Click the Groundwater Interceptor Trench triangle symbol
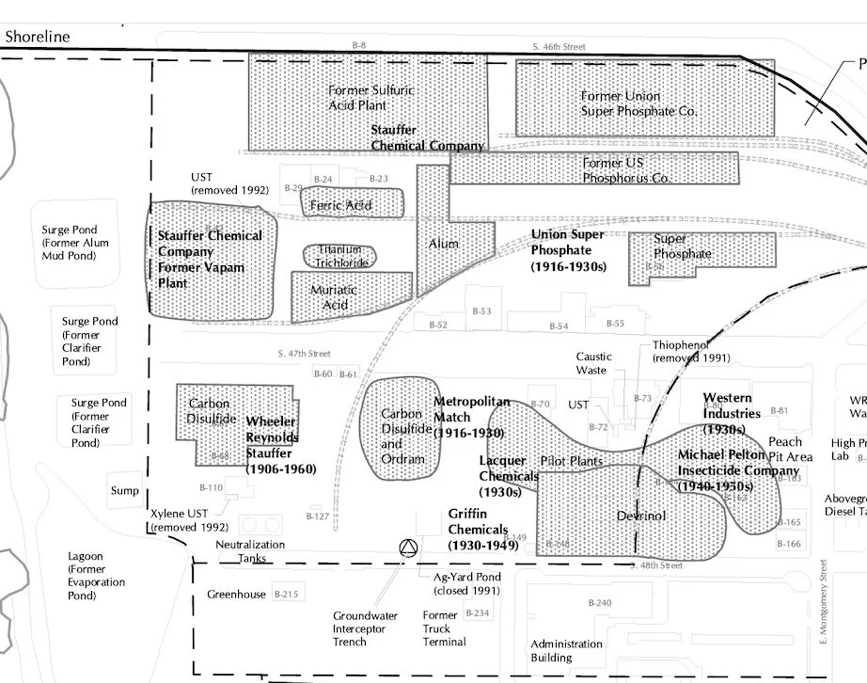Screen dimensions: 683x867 pos(408,549)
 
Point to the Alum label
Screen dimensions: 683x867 pos(444,244)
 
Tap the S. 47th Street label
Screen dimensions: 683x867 pos(305,354)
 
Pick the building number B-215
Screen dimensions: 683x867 pos(285,595)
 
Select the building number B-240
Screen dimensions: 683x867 pos(599,602)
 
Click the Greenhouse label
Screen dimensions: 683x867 pos(236,595)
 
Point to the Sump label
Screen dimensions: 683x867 pos(124,490)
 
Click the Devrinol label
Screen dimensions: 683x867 pos(641,516)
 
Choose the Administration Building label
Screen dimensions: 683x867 pos(566,651)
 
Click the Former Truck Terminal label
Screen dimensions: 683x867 pos(444,628)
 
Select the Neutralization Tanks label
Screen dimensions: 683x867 pos(249,551)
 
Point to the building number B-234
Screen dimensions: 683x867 pos(478,613)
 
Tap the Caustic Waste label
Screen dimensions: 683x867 pos(593,363)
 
